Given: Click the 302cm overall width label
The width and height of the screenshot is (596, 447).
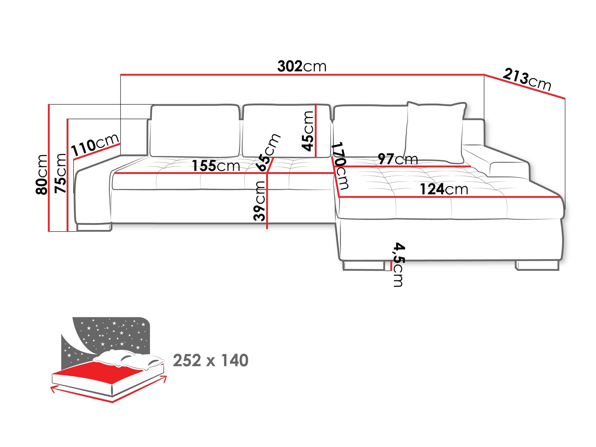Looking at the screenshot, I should coord(301,66).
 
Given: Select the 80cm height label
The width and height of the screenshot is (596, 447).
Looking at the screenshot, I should coord(42,174).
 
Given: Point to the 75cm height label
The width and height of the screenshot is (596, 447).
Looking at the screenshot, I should coord(60,173).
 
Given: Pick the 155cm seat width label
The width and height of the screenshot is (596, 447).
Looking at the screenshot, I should coord(216,166).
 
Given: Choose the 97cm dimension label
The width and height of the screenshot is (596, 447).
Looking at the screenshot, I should coord(397,159).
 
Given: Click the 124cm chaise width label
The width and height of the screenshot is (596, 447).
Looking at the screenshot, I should coord(444,189).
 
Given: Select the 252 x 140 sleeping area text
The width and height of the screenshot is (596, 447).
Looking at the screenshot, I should coord(210,360).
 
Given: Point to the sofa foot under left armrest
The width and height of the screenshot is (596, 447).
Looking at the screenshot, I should coord(94,227).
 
